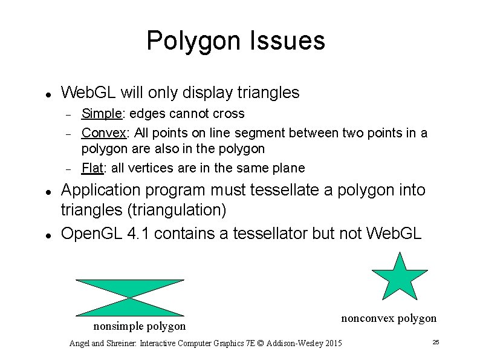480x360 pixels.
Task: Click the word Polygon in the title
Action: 190,41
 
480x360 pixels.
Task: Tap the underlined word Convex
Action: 103,133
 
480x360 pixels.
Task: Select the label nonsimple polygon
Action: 139,326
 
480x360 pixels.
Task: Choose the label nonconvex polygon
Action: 389,318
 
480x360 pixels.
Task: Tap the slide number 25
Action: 435,343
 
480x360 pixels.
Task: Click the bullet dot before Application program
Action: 48,191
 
